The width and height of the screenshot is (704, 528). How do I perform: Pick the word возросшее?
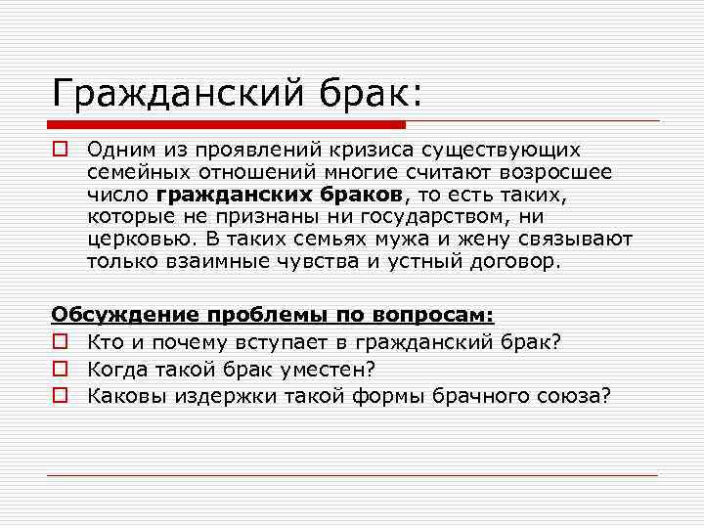[x=561, y=172]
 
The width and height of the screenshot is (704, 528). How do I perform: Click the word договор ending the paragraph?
[x=515, y=262]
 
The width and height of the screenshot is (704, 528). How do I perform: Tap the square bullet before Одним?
[x=59, y=150]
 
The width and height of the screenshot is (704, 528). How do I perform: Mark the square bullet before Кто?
[x=59, y=341]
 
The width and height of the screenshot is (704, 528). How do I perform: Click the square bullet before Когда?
[x=59, y=369]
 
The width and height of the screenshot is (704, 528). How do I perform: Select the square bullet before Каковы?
[x=59, y=396]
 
